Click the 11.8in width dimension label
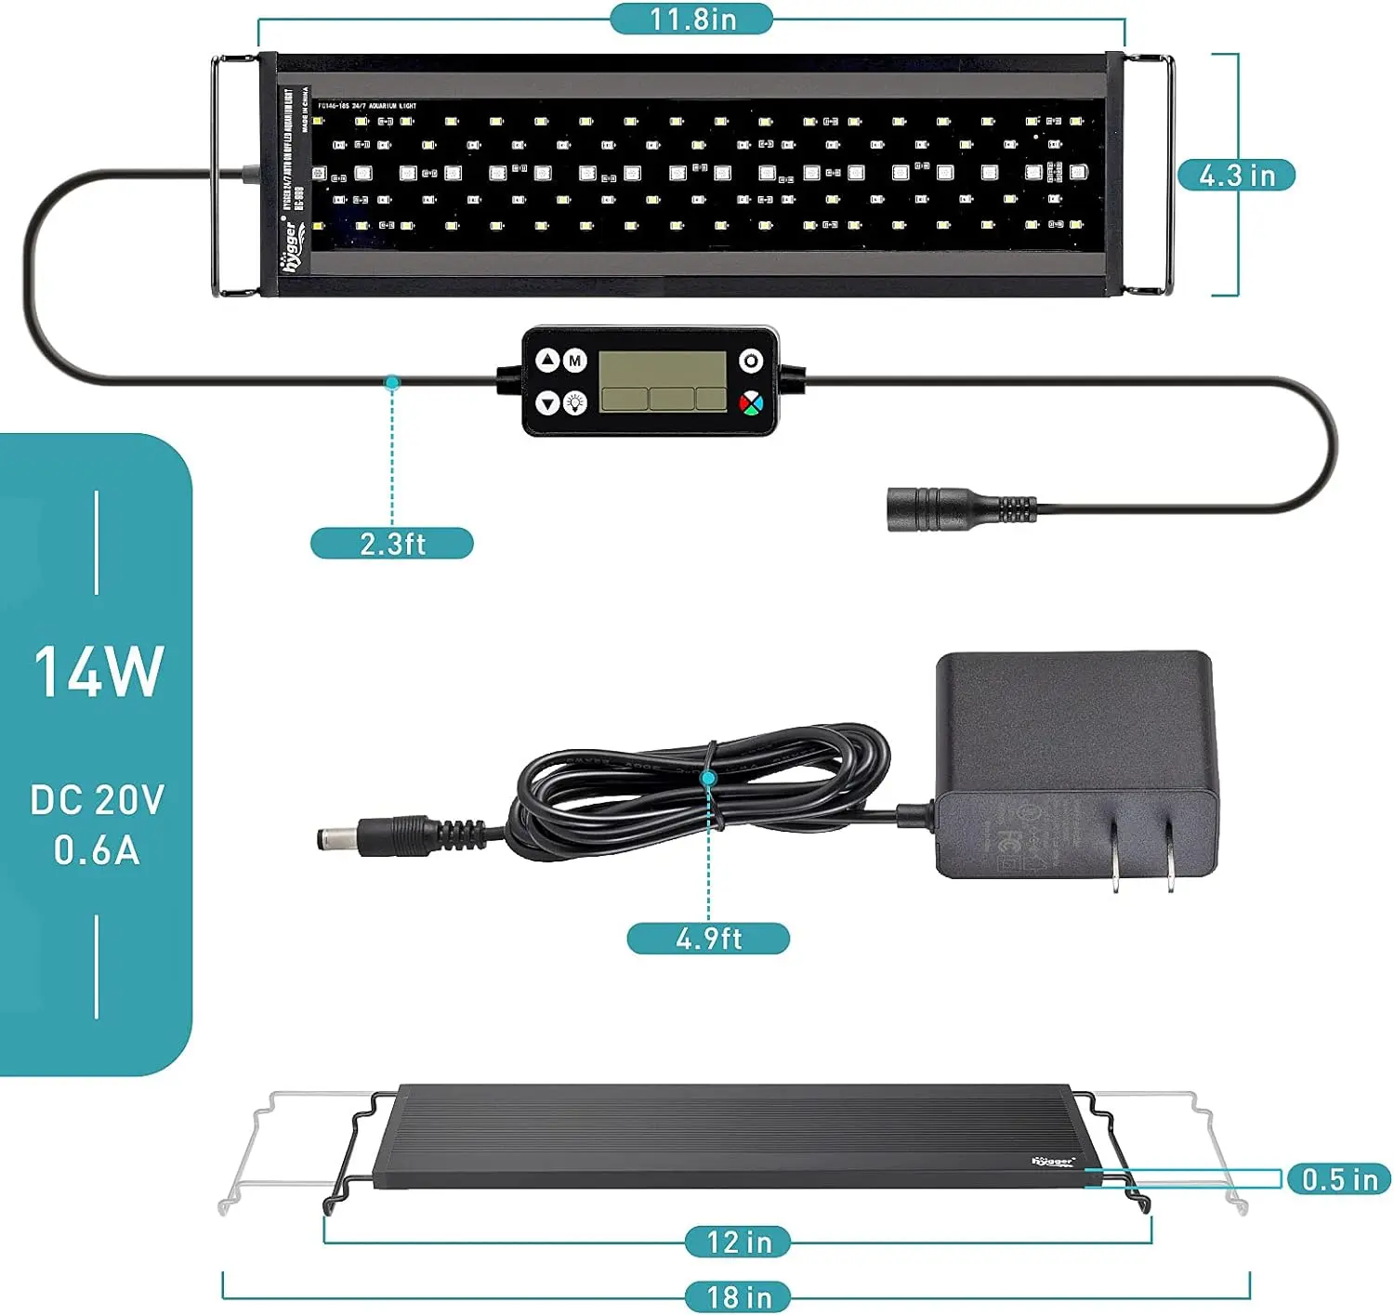click(691, 19)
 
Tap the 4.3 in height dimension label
click(1236, 175)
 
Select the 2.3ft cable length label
click(391, 544)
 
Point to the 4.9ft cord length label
click(708, 939)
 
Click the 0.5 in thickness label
click(1338, 1179)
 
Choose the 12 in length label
click(738, 1242)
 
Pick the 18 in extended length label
click(738, 1297)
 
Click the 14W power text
click(99, 671)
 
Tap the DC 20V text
click(97, 800)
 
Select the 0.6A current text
click(97, 850)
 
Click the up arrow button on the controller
click(548, 360)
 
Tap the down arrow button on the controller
click(548, 403)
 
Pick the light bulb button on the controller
click(575, 403)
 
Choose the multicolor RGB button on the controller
click(751, 403)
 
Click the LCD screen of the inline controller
click(663, 381)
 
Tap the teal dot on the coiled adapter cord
click(709, 778)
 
